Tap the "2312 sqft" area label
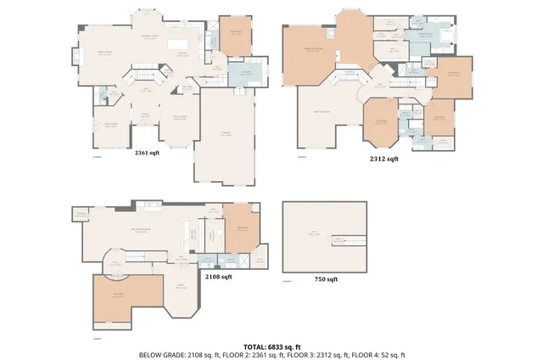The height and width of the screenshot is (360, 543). [383, 159]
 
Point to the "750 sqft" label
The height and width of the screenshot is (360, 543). [326, 279]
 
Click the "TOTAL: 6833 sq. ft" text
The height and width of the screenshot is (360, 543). [271, 346]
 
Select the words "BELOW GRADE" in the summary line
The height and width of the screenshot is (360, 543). [160, 355]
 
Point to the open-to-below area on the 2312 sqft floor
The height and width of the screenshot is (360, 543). [322, 115]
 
